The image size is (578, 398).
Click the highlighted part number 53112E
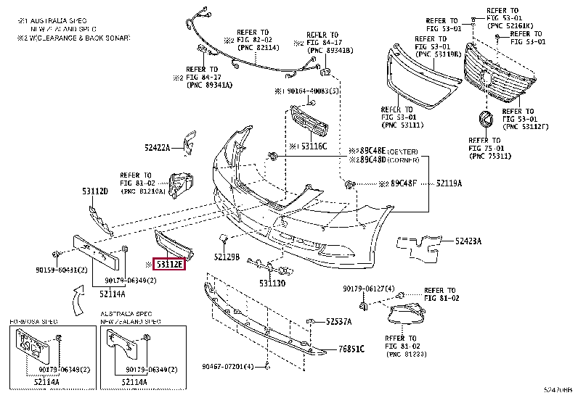tap(170, 265)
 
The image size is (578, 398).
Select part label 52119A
tap(449, 184)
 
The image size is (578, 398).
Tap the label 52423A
tap(468, 240)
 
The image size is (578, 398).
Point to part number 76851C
tap(350, 349)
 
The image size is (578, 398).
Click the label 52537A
tap(338, 321)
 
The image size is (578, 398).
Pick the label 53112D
tap(94, 191)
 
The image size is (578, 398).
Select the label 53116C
tap(314, 146)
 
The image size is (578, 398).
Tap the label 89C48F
tap(403, 184)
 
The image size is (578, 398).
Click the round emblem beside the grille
tap(484, 120)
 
